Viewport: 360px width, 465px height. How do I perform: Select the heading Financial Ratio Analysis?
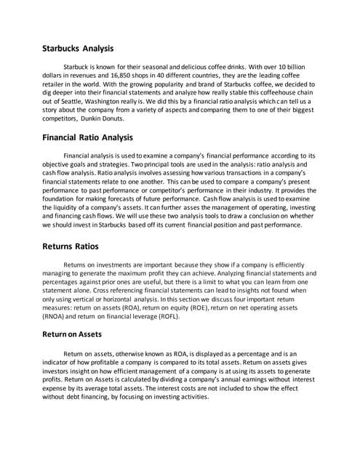pos(87,137)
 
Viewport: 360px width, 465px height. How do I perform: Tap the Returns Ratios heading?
pos(71,246)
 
